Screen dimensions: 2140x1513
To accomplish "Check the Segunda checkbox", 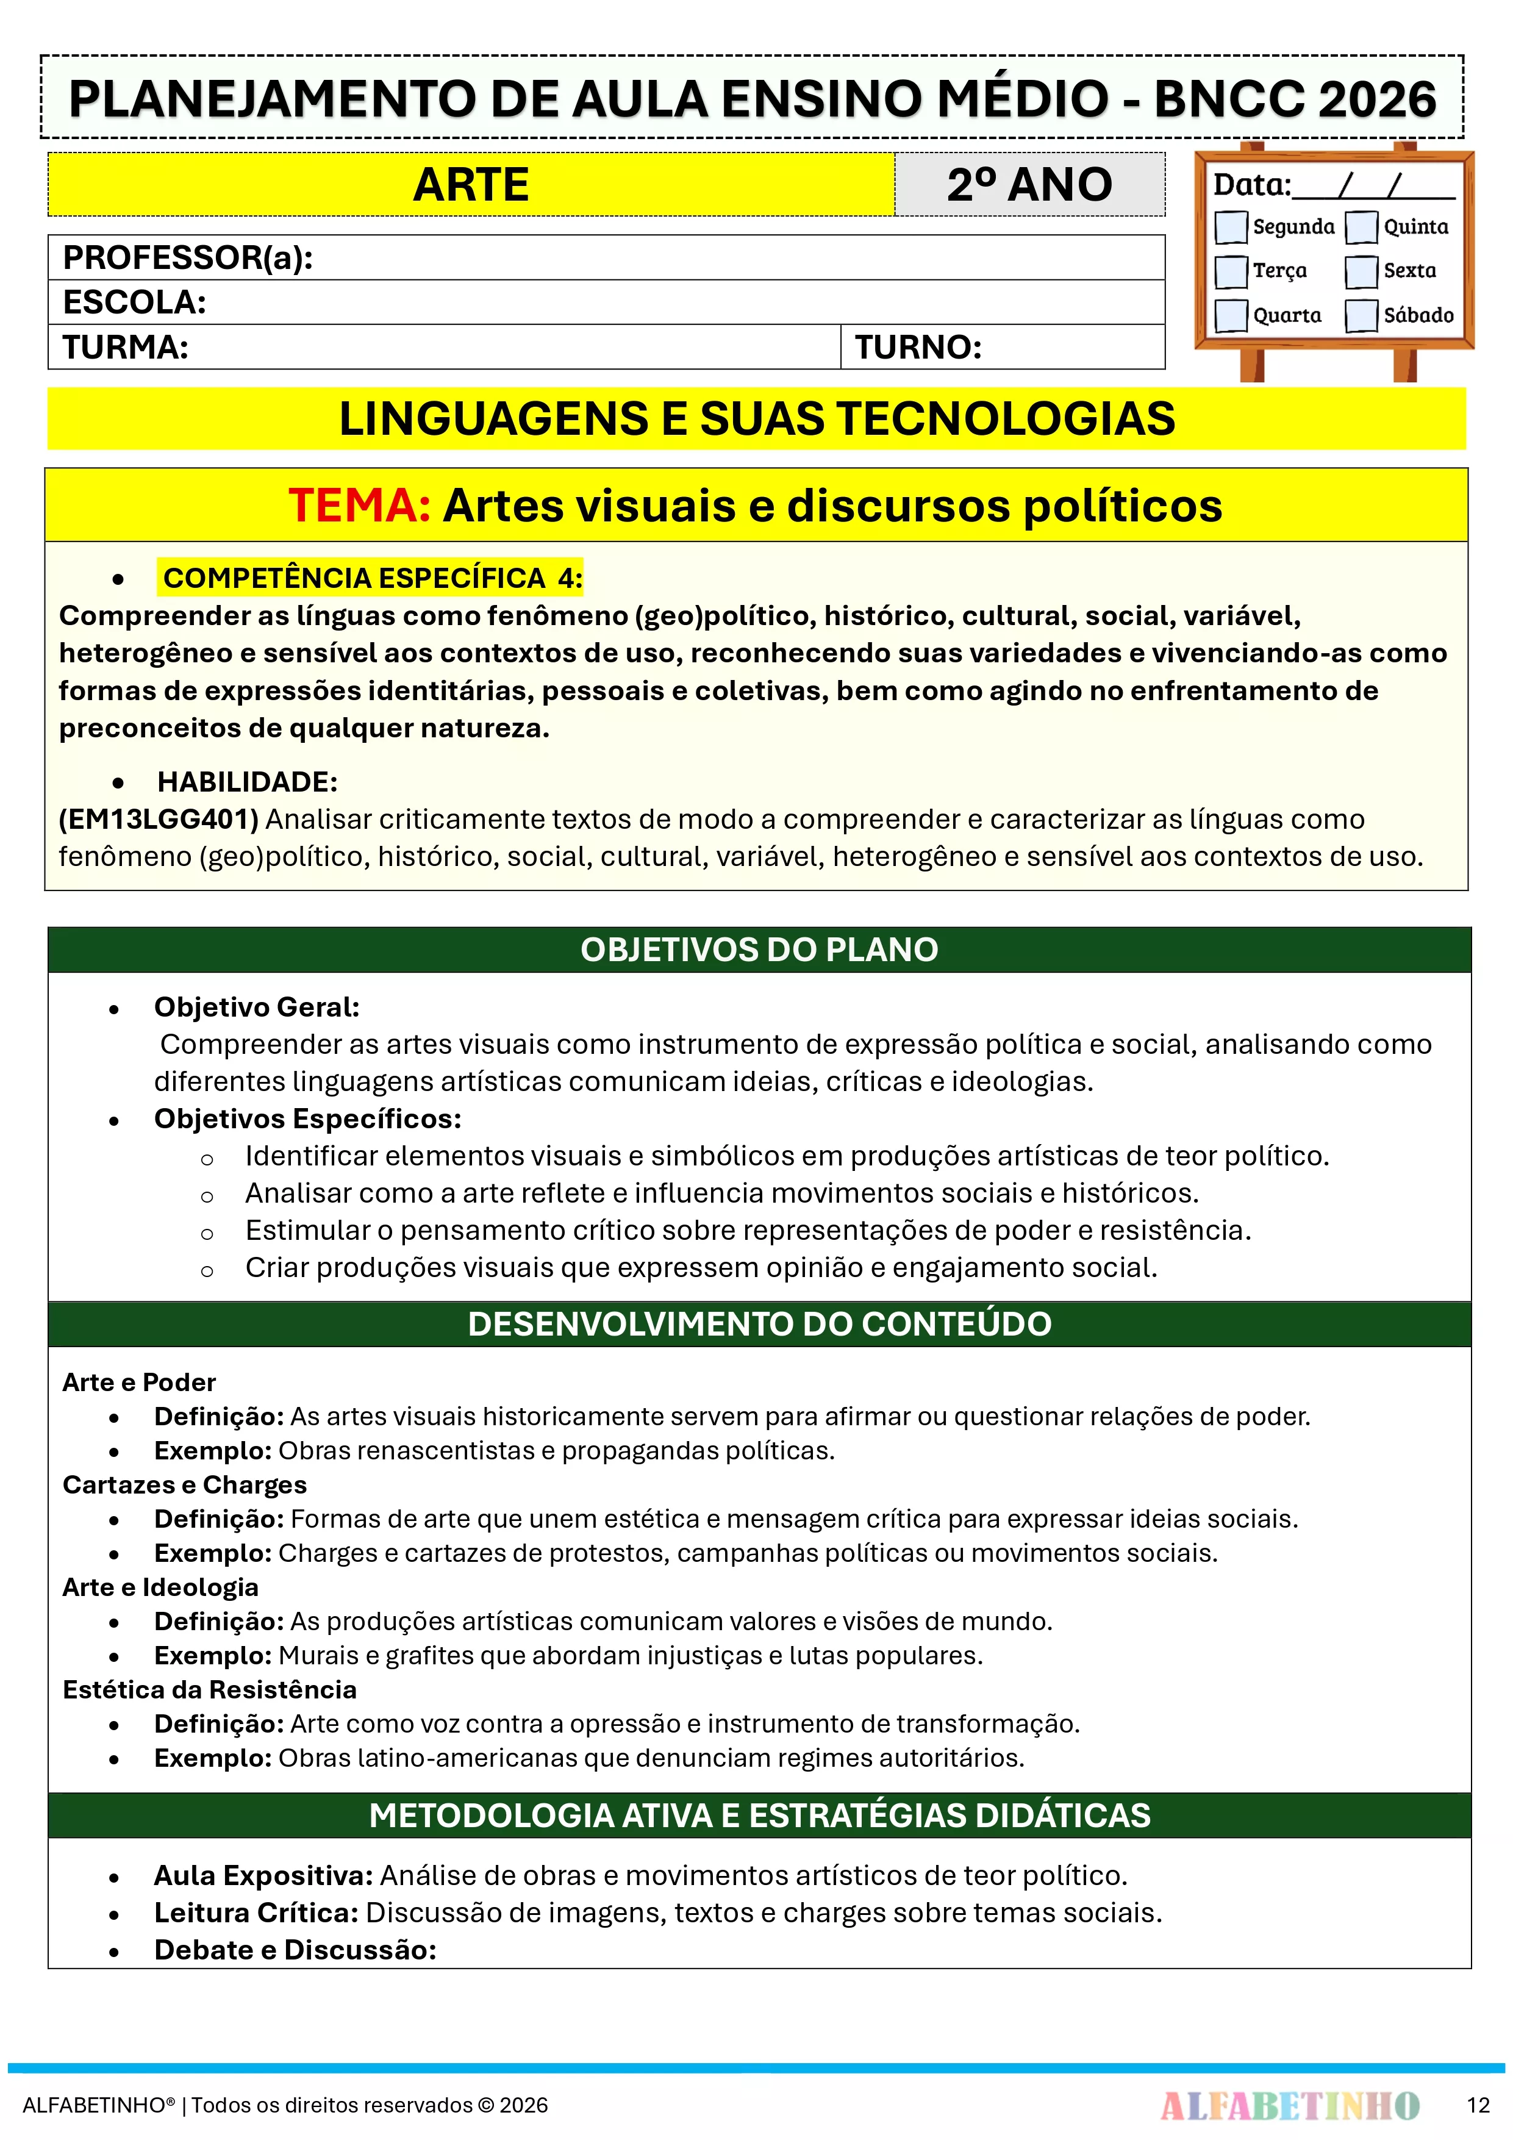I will [x=1231, y=226].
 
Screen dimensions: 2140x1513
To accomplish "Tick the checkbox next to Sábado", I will [x=1361, y=315].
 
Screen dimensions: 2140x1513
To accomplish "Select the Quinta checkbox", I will [x=1361, y=226].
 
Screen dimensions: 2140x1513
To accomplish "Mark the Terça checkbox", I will [x=1231, y=271].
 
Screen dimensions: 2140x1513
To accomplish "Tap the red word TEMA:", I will [x=359, y=506].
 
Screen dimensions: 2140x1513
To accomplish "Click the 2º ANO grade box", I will [x=1029, y=185].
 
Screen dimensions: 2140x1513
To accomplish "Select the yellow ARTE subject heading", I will [x=471, y=185].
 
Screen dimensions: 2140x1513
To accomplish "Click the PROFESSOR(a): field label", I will [x=187, y=257].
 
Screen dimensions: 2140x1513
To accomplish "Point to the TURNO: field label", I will [x=918, y=348].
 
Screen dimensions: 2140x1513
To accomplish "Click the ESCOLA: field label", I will [x=134, y=302].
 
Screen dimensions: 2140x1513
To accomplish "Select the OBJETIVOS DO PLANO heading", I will [x=759, y=950].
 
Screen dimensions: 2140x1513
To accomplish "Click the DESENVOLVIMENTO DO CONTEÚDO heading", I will [x=759, y=1325].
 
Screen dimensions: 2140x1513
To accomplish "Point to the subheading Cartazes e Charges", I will [x=185, y=1485].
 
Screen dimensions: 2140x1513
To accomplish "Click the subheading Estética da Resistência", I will [x=210, y=1690].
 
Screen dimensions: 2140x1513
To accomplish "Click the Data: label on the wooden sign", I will [x=1251, y=185].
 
